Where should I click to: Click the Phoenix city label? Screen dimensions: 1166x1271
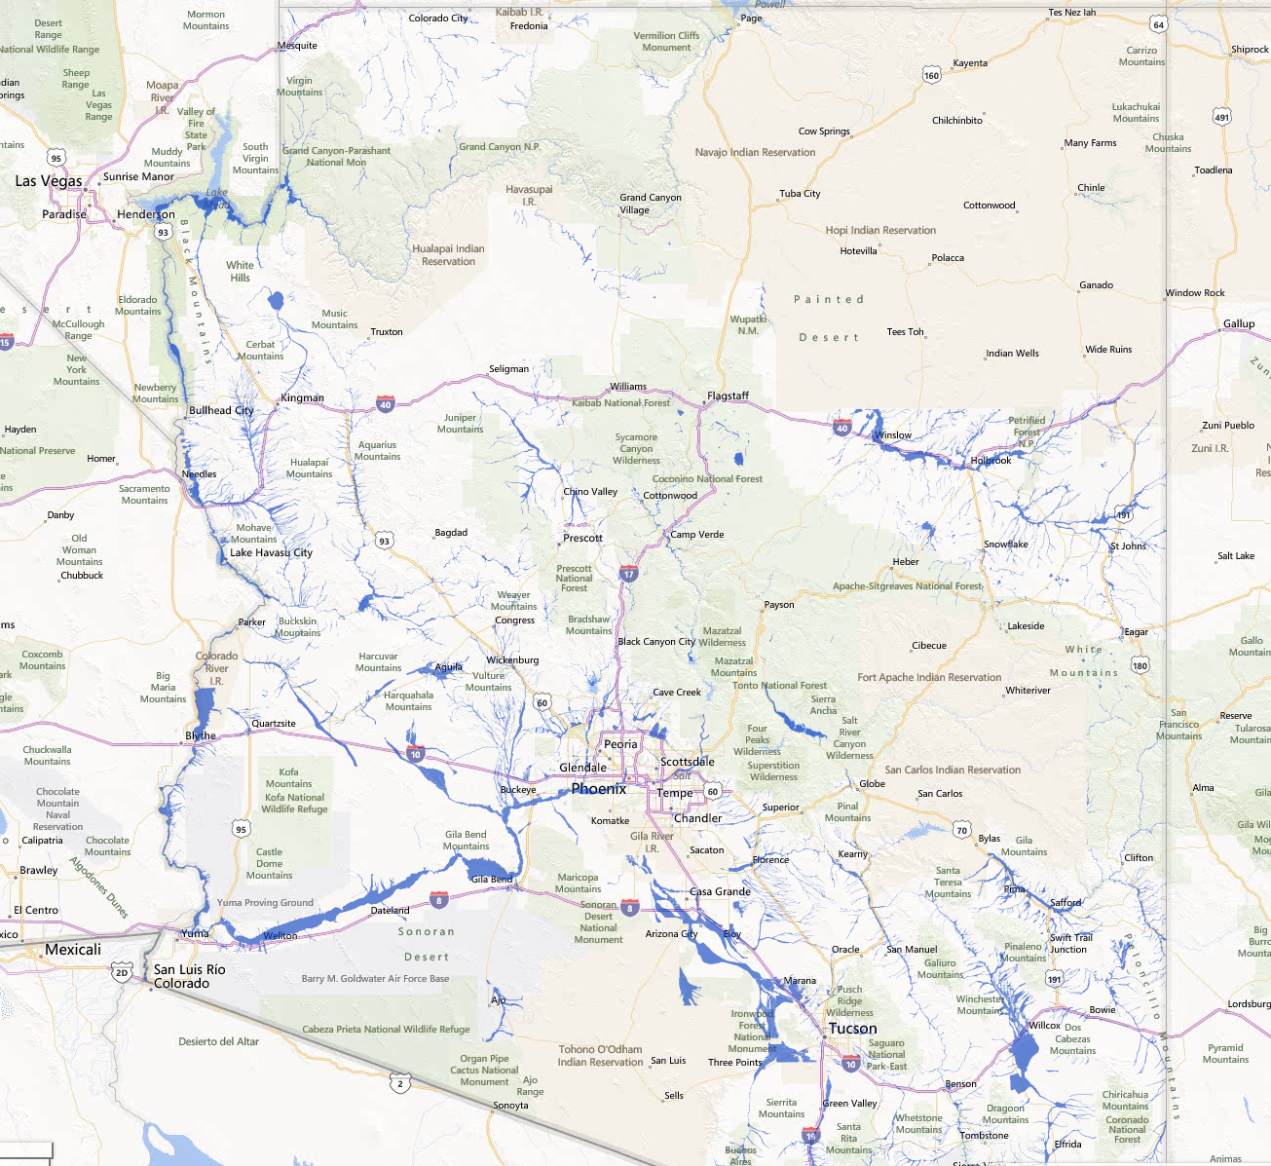tap(599, 789)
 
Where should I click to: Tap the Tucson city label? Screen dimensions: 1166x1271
tap(852, 1029)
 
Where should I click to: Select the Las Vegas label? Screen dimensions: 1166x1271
tap(49, 181)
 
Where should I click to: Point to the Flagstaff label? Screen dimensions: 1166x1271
tap(728, 395)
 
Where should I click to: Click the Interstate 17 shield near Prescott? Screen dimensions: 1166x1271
tap(629, 574)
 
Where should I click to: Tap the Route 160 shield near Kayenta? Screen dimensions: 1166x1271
tap(931, 75)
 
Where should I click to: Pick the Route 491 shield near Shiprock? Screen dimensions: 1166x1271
tap(1221, 117)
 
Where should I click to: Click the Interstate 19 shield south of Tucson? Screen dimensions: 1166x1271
tap(810, 1135)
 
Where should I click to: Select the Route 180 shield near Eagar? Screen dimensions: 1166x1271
tap(1140, 665)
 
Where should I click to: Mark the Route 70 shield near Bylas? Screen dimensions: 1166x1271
tap(962, 830)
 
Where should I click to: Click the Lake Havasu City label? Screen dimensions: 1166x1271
tap(271, 552)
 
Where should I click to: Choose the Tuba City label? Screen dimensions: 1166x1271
tap(800, 193)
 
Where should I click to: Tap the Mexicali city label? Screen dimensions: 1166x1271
tap(73, 950)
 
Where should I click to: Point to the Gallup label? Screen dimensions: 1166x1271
tap(1239, 323)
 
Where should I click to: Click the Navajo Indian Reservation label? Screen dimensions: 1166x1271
tap(755, 152)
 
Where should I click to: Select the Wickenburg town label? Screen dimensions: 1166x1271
tap(512, 660)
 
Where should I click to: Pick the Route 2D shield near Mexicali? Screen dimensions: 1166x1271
tap(122, 972)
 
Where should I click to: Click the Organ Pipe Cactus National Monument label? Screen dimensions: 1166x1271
tap(484, 1070)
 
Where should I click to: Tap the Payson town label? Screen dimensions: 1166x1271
tap(778, 604)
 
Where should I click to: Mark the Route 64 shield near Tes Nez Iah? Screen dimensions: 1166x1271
tap(1157, 24)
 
